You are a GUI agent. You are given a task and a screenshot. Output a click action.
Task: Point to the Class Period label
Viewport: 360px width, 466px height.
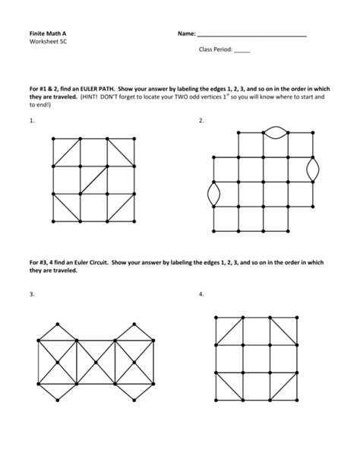point(215,50)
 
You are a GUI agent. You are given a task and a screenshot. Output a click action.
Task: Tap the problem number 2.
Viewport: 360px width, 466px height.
point(201,121)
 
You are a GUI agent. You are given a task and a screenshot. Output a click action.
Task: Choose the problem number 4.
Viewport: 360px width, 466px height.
point(201,294)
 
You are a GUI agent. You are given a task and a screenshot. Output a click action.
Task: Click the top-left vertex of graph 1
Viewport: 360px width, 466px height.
point(52,138)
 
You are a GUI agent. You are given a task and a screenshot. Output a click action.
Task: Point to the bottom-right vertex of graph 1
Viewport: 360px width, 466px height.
point(134,220)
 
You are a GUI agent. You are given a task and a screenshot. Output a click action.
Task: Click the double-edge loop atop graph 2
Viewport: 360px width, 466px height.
point(275,132)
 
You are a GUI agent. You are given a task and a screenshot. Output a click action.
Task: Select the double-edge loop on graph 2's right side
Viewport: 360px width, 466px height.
point(312,170)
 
